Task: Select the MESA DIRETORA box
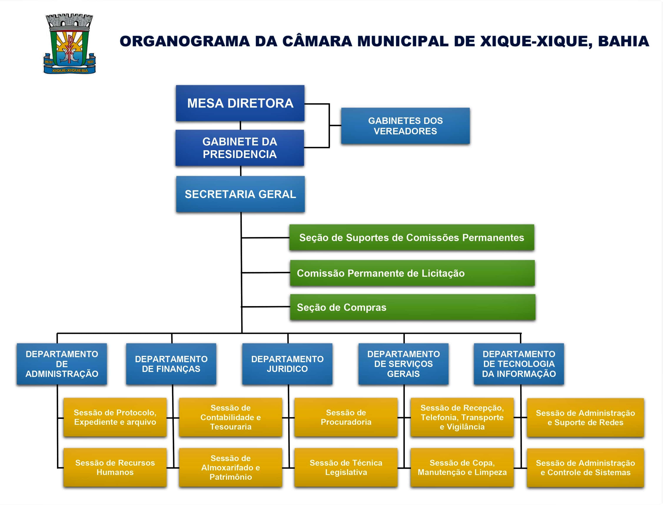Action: [x=240, y=103]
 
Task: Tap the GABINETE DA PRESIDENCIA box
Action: [x=240, y=148]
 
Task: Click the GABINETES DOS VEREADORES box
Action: [x=405, y=126]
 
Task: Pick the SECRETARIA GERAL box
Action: [x=240, y=194]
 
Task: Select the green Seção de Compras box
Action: [x=412, y=307]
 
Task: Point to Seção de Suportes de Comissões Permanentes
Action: [x=412, y=237]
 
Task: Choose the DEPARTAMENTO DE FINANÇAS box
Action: [x=171, y=364]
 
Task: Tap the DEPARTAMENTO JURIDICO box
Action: [x=287, y=364]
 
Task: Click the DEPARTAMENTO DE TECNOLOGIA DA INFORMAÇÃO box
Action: [x=519, y=364]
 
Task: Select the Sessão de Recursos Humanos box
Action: [x=115, y=467]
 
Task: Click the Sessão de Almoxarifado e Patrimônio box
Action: [x=230, y=467]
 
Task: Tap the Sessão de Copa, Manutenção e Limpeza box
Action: [x=462, y=467]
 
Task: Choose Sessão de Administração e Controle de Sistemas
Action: [x=585, y=468]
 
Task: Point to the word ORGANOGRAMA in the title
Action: [x=185, y=41]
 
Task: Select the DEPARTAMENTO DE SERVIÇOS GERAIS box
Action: [x=403, y=364]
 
